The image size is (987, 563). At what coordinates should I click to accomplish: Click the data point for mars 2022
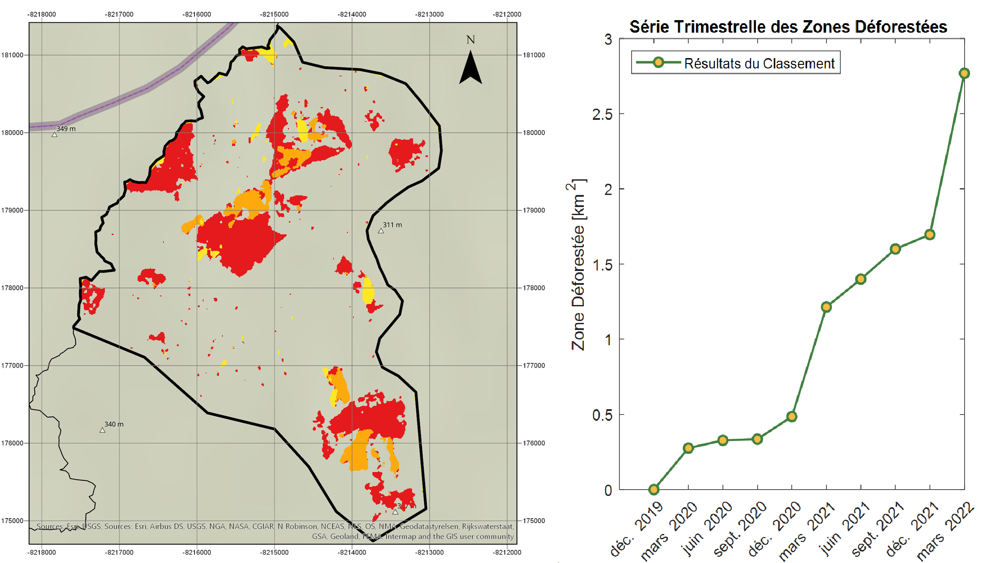[964, 73]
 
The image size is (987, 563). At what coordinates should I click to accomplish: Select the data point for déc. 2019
[654, 489]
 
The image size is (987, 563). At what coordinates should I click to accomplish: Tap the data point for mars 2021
[826, 307]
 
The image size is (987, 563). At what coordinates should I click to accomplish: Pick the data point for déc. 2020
[792, 416]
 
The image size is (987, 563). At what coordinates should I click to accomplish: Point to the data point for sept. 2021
[895, 249]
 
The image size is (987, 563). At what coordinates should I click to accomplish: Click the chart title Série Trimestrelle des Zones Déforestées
[788, 27]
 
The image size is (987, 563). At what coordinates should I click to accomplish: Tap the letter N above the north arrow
[470, 40]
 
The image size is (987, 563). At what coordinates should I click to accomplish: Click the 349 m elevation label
[66, 129]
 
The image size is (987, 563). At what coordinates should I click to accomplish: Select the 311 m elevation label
[392, 225]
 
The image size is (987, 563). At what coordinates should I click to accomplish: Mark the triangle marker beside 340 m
[102, 430]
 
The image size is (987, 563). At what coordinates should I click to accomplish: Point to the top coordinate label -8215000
[274, 14]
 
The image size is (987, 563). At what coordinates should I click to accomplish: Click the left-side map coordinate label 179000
[12, 210]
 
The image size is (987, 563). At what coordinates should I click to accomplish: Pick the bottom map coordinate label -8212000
[507, 552]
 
